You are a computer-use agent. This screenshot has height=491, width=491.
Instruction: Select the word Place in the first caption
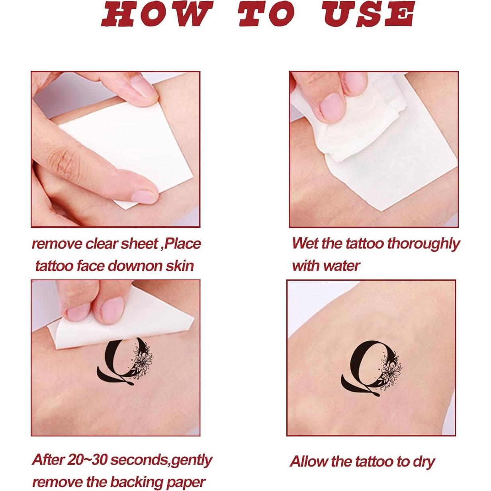click(182, 244)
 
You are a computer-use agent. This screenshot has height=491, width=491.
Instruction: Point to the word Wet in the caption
click(305, 243)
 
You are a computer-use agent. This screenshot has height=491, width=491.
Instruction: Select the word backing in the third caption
click(137, 482)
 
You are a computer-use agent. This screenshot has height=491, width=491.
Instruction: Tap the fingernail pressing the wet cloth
click(332, 106)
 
